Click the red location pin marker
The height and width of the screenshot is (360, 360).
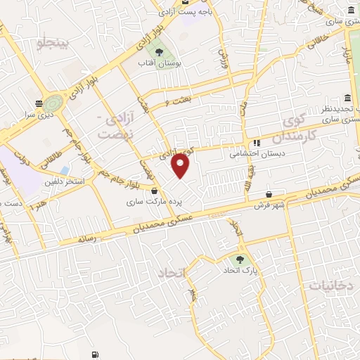click(181, 166)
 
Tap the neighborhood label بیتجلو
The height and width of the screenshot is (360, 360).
click(55, 44)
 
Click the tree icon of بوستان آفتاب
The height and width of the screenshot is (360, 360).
click(159, 52)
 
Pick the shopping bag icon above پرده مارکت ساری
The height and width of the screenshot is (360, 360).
click(163, 191)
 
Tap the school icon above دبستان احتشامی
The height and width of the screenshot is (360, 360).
click(258, 140)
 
